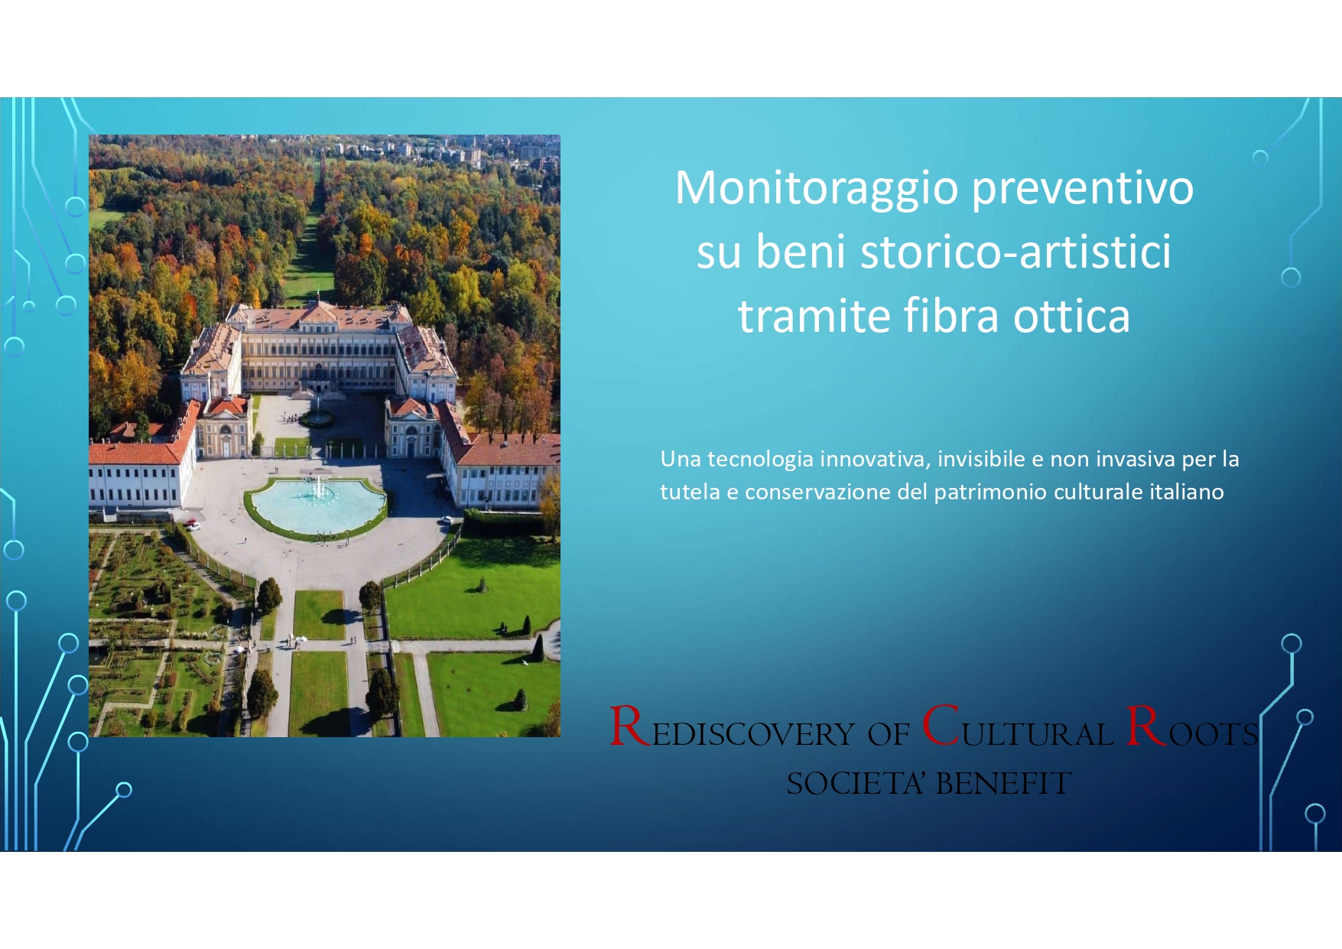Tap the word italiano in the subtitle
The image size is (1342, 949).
pos(1187,492)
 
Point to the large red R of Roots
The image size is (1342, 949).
pos(1145,726)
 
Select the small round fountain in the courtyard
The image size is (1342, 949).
pos(316,418)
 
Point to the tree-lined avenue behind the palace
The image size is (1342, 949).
pos(315,229)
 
